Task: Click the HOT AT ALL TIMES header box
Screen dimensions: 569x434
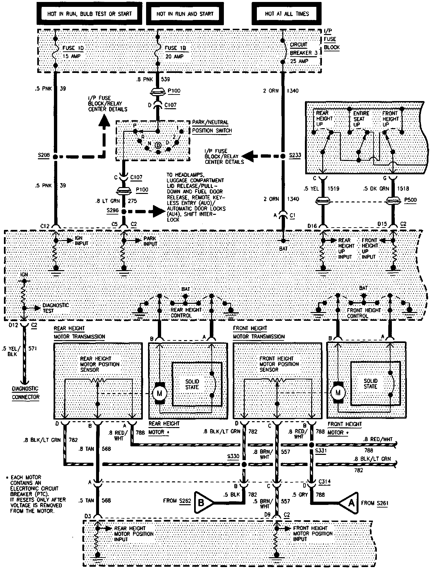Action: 287,14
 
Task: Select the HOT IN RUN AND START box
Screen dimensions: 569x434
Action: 185,14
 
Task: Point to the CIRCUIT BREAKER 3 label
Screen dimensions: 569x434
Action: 299,49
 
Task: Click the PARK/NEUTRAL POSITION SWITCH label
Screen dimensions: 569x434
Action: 211,126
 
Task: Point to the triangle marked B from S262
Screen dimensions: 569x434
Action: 202,503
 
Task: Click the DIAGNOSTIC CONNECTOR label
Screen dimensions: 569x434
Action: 26,393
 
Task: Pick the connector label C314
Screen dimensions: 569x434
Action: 325,482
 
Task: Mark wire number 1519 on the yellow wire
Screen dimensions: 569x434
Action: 333,188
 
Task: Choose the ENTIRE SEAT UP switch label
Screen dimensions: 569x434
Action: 361,119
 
